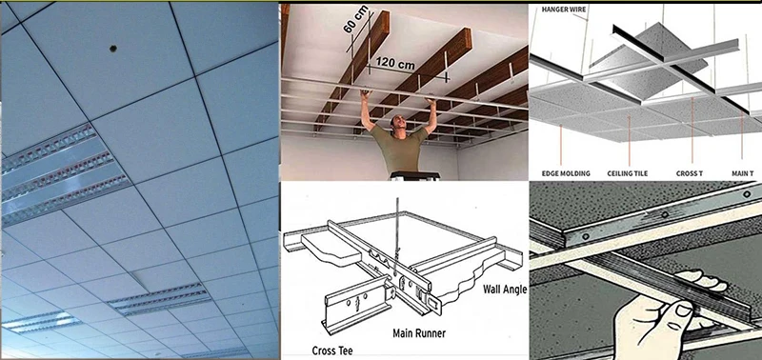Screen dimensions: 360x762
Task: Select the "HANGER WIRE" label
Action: pos(565,9)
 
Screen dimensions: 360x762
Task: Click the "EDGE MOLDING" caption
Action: pos(567,173)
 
